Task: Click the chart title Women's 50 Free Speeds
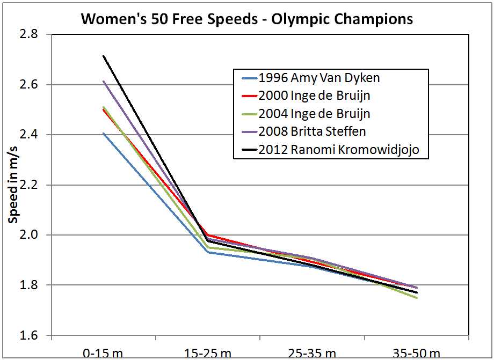coord(247,19)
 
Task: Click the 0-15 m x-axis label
coord(103,352)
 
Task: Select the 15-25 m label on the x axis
coord(207,352)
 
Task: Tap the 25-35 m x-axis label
coord(312,352)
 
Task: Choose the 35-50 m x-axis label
coord(417,352)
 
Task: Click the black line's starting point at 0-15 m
coord(103,56)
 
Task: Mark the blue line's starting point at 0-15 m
coord(103,133)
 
